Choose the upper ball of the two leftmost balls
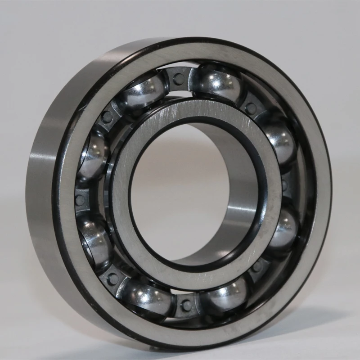coord(94,153)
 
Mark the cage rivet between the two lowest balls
coord(185,306)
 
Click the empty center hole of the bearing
coord(189,189)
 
